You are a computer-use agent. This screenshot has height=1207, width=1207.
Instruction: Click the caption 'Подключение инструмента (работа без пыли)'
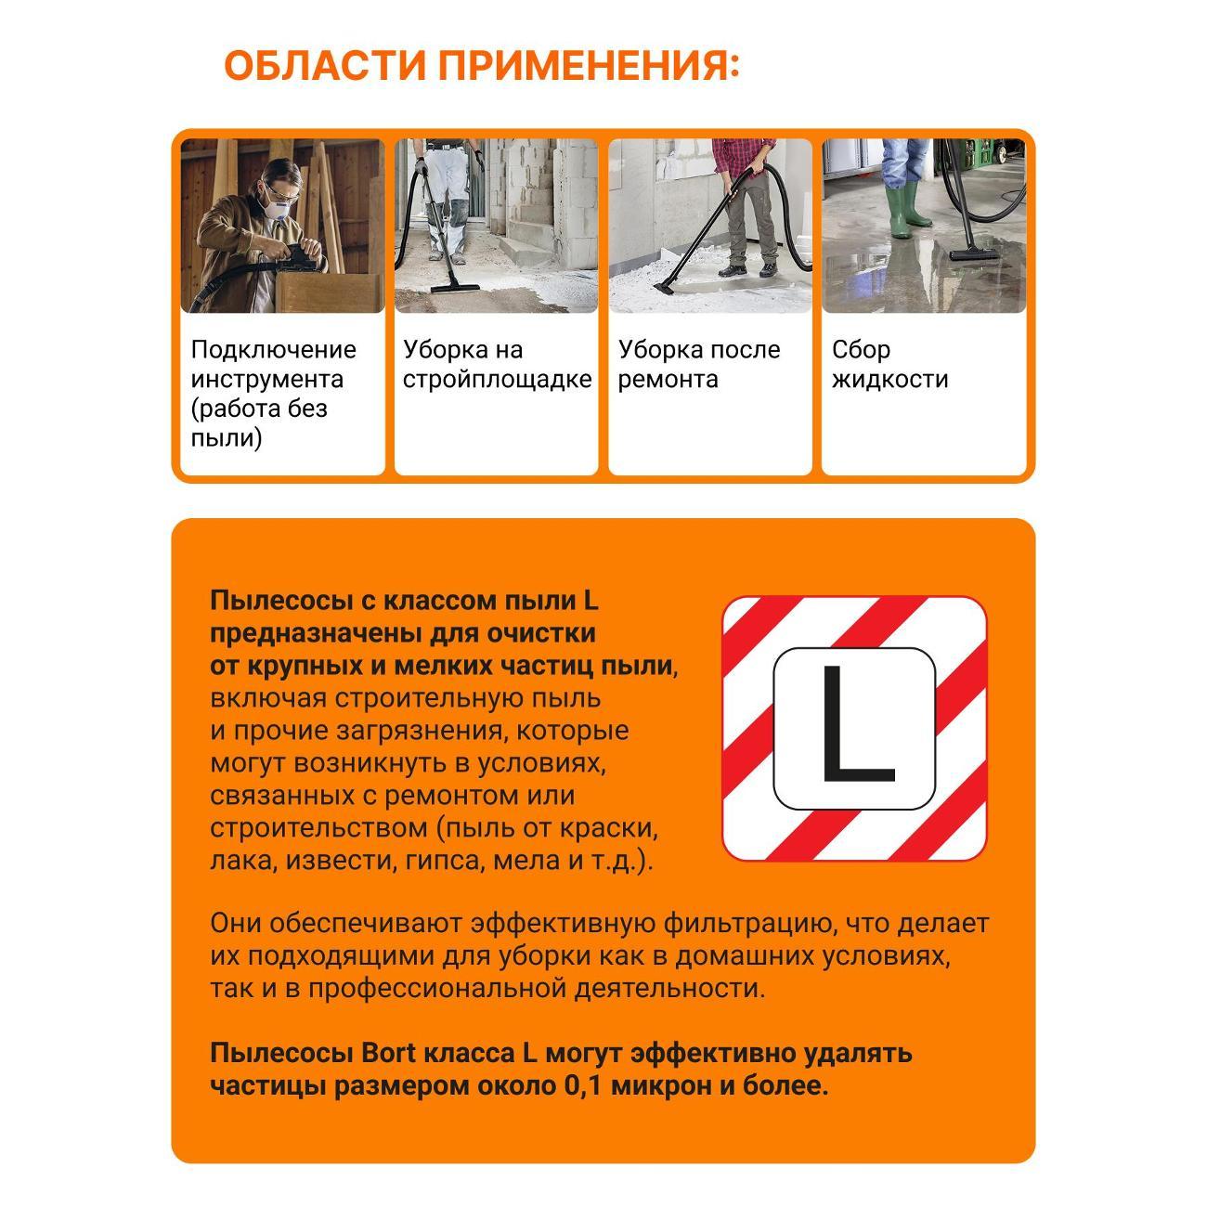pyautogui.click(x=273, y=393)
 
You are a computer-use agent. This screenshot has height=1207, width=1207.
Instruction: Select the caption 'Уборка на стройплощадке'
pyautogui.click(x=497, y=364)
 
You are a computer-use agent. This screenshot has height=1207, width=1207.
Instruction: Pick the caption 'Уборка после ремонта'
pyautogui.click(x=699, y=364)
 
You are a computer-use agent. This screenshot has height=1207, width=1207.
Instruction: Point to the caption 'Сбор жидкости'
pyautogui.click(x=889, y=364)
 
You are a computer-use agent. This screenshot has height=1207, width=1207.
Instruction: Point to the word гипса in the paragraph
pyautogui.click(x=442, y=861)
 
